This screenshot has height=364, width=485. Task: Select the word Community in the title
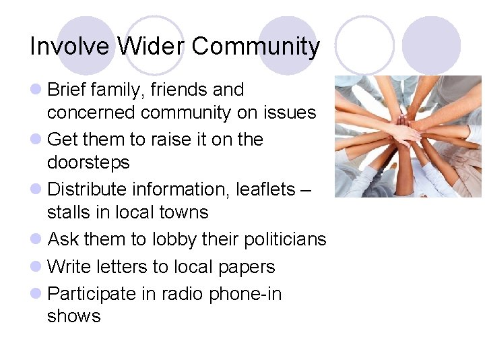coord(255,47)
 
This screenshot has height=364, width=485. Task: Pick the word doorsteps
coord(88,162)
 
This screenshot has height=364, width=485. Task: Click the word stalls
coord(68,212)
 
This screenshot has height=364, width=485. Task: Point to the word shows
coord(73,316)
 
